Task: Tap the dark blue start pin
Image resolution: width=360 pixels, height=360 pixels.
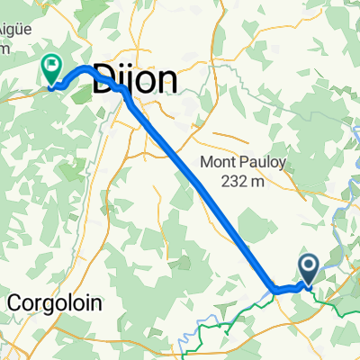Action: point(308,267)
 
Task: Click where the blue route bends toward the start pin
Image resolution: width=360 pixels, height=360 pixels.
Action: point(274,289)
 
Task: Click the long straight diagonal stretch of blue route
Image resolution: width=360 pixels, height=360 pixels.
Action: point(202,193)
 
